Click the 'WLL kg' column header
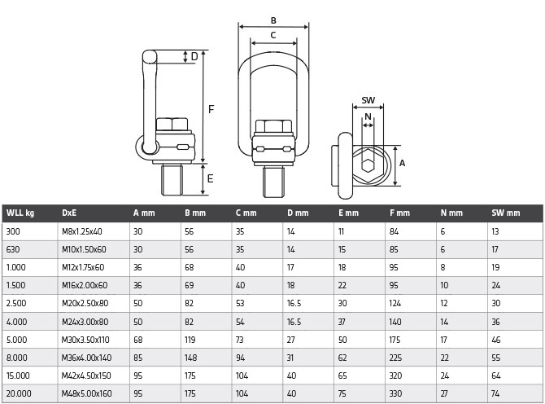(20, 213)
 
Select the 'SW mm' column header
(506, 213)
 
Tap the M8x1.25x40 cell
(82, 231)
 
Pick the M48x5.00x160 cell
(86, 393)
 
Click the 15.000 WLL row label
(18, 375)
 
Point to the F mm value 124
(395, 304)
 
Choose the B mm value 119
(190, 340)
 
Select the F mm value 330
(395, 393)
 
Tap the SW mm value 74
(495, 393)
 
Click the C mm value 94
(241, 358)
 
